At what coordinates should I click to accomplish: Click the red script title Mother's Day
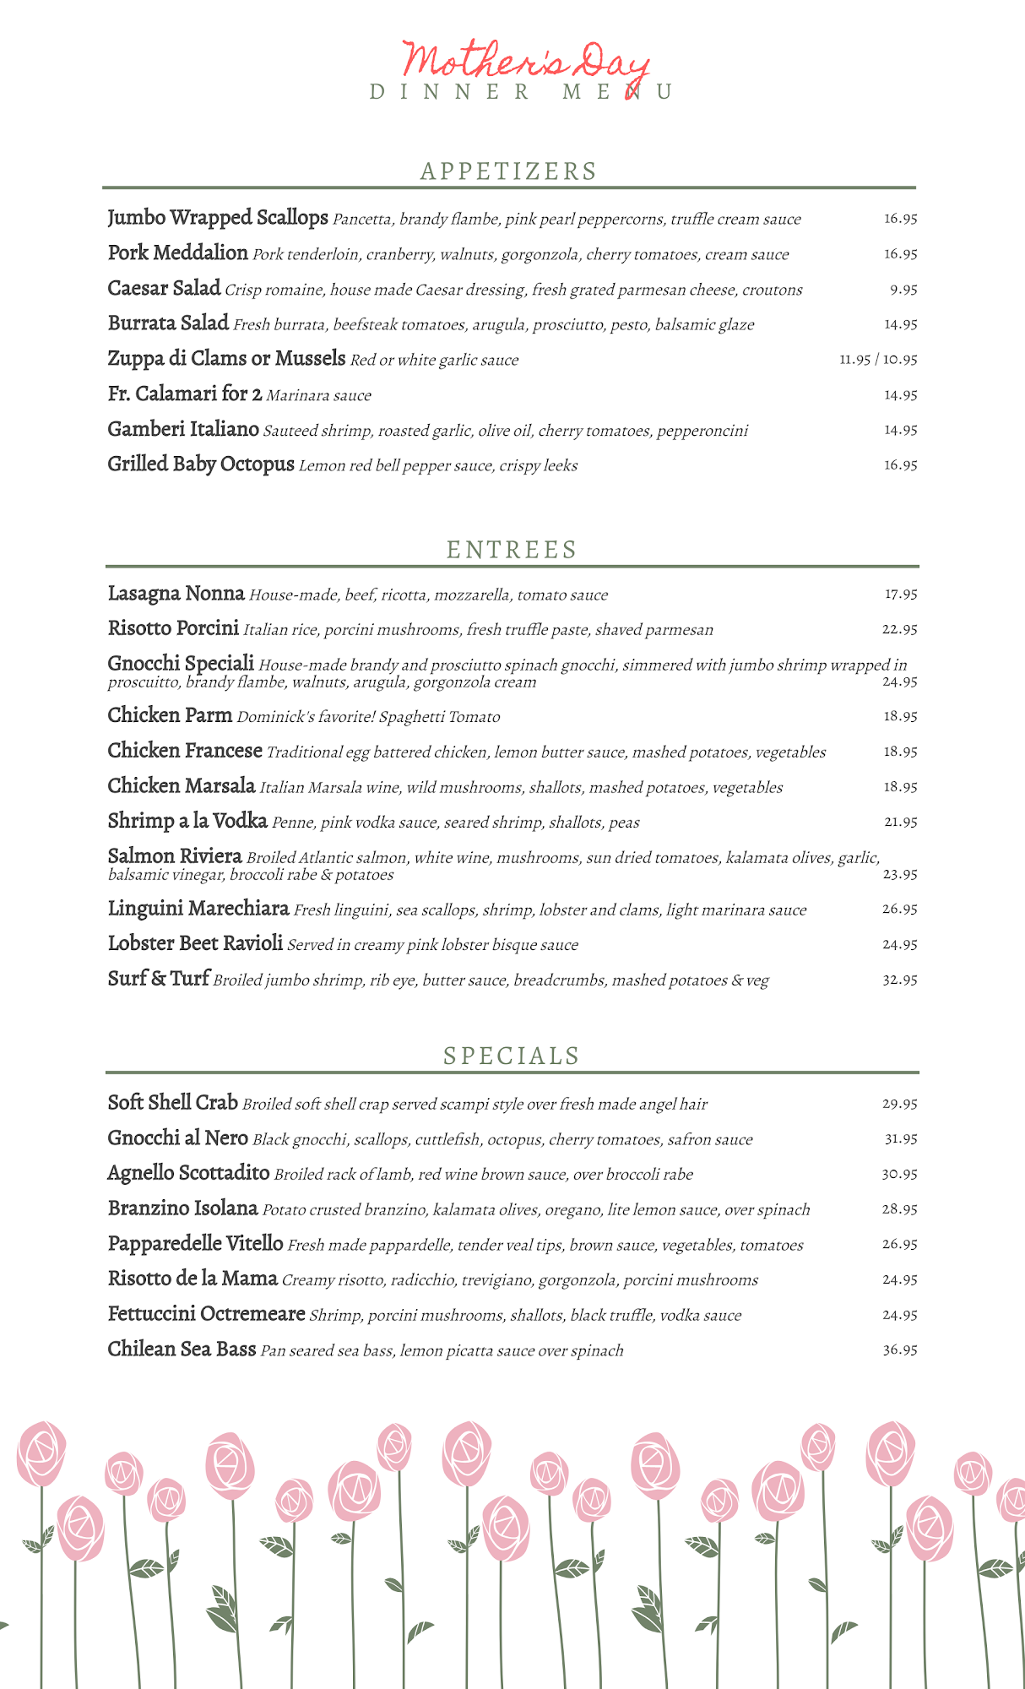click(x=525, y=62)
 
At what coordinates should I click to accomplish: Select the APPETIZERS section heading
click(x=508, y=171)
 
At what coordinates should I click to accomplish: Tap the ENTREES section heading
click(x=512, y=550)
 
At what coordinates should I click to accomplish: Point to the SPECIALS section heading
click(x=512, y=1056)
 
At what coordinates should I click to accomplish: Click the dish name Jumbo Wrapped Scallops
click(x=217, y=218)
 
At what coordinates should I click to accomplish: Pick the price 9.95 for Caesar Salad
click(x=903, y=290)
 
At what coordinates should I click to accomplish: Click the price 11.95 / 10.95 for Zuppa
click(x=878, y=360)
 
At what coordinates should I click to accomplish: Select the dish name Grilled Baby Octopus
click(x=201, y=464)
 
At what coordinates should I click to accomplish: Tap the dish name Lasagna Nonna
click(x=176, y=594)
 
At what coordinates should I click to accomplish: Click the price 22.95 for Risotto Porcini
click(x=900, y=629)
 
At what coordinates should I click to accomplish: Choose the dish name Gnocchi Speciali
click(x=181, y=664)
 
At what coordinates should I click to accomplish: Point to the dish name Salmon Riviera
click(x=175, y=856)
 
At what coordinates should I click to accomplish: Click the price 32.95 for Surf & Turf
click(x=900, y=980)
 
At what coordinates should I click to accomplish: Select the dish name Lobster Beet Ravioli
click(x=195, y=943)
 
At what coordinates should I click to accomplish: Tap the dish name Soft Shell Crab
click(x=172, y=1103)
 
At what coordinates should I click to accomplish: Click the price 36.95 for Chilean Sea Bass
click(x=900, y=1350)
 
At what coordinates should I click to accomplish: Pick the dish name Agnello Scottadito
click(x=188, y=1173)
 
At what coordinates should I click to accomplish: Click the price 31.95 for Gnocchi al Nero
click(x=900, y=1139)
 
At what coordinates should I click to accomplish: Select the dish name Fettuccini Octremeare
click(x=206, y=1314)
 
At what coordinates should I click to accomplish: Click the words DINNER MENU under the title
click(x=522, y=92)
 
